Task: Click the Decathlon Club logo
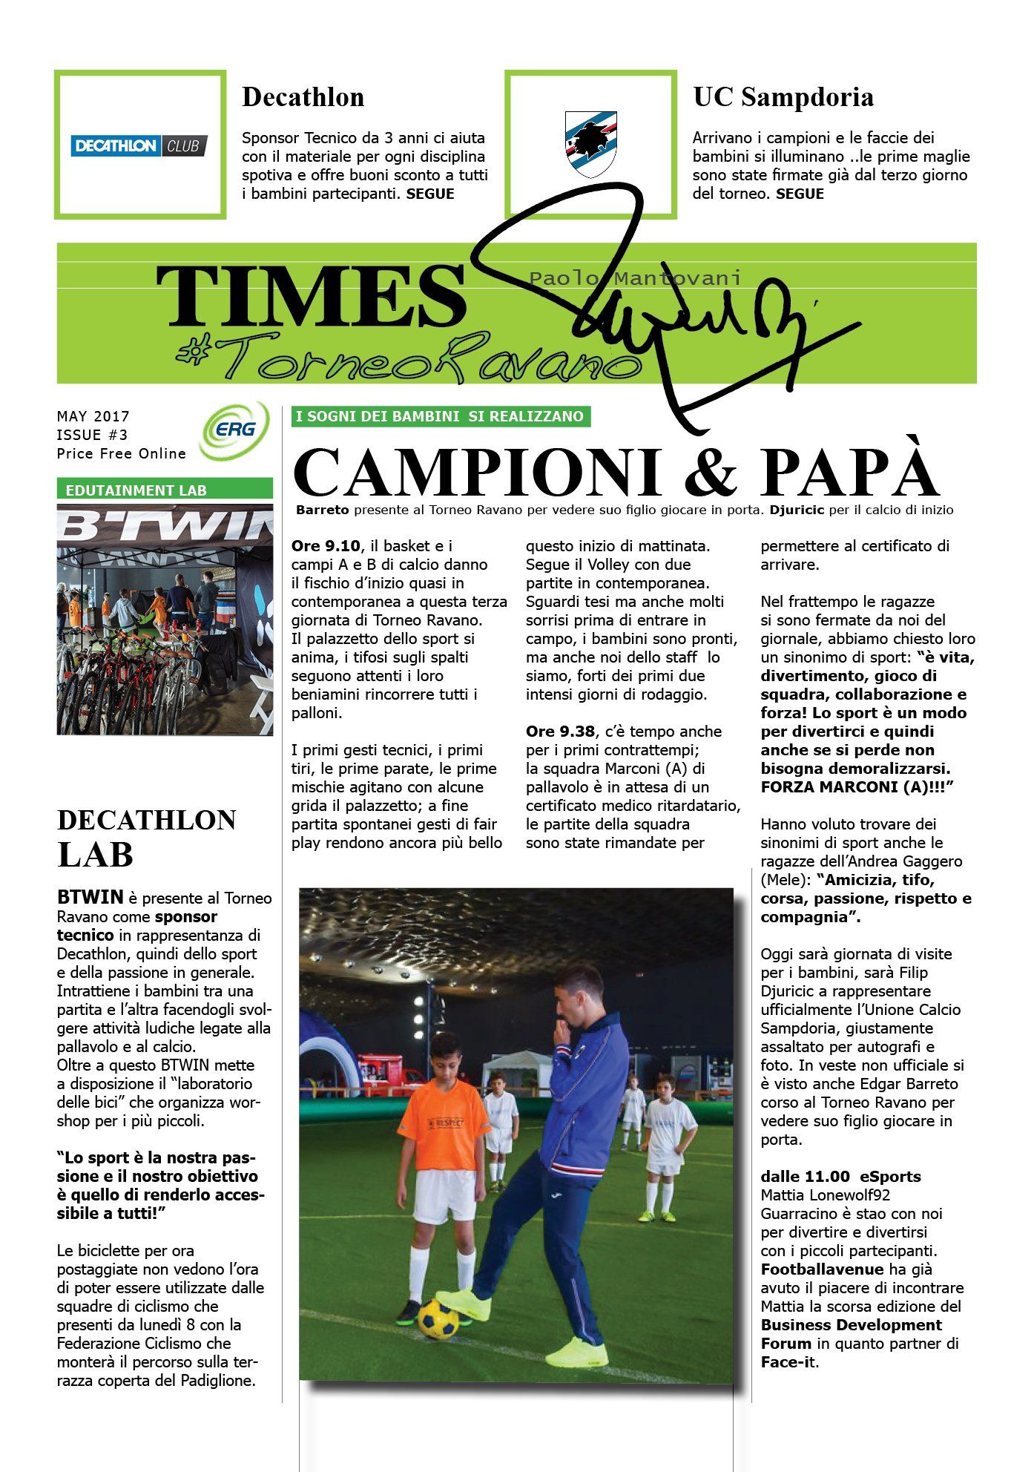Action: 139,145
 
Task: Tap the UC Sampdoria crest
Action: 590,144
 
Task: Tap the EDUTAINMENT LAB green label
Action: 136,490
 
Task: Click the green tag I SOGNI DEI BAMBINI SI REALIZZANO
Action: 440,416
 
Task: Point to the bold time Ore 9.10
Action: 326,546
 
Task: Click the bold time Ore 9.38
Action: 560,732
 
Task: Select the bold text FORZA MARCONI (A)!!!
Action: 856,787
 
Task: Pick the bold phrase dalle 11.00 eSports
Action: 840,1177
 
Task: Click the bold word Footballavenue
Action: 822,1269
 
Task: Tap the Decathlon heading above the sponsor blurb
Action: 303,97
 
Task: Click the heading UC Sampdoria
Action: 783,97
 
